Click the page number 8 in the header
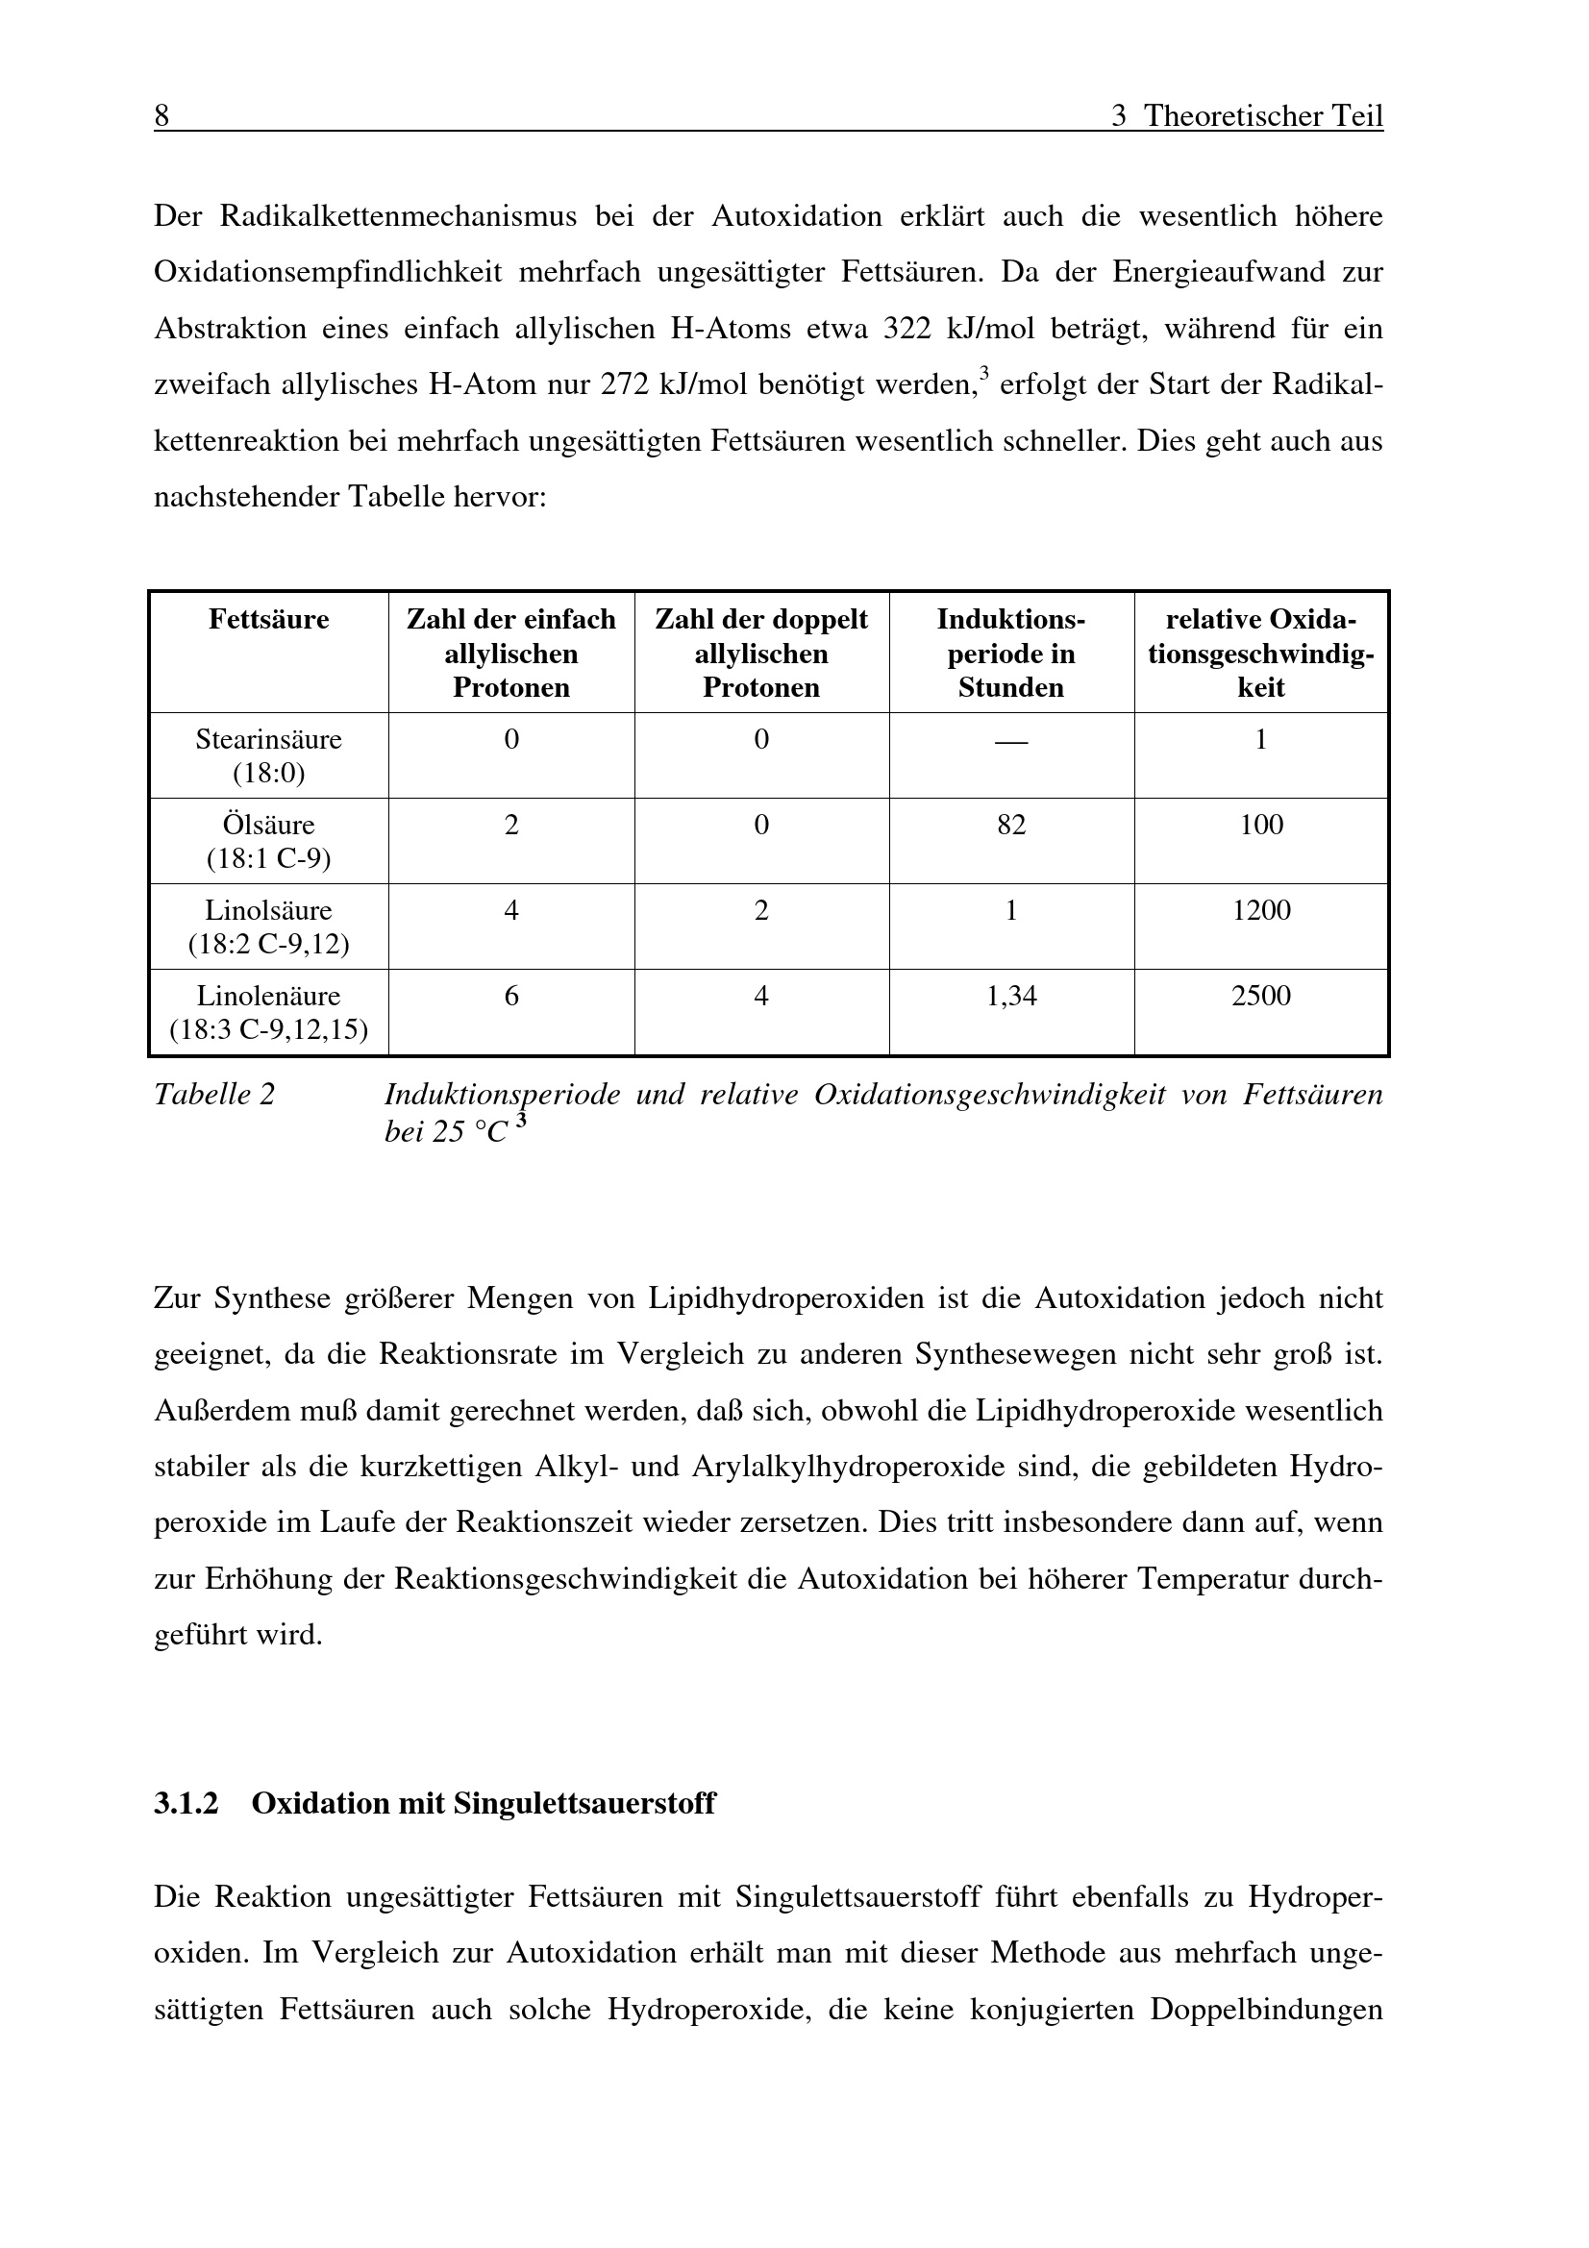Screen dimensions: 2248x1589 pyautogui.click(x=161, y=116)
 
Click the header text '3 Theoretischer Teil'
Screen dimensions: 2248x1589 pyautogui.click(x=1247, y=116)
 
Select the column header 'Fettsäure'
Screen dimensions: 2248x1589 pyautogui.click(x=268, y=620)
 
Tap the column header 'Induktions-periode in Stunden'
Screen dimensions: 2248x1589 pyautogui.click(x=1010, y=653)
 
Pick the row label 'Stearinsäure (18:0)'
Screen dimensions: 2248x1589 pyautogui.click(x=268, y=755)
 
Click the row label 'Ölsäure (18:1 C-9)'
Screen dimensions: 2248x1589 pyautogui.click(x=268, y=841)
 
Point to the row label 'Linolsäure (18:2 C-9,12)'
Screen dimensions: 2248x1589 pyautogui.click(x=268, y=927)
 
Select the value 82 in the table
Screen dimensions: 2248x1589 pyautogui.click(x=1010, y=825)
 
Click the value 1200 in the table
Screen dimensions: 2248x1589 pyautogui.click(x=1261, y=910)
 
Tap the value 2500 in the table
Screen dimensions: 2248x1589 pyautogui.click(x=1261, y=996)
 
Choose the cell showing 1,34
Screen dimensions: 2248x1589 pyautogui.click(x=1010, y=996)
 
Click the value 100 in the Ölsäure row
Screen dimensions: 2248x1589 pyautogui.click(x=1261, y=825)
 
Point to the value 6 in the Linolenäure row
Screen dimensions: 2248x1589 pyautogui.click(x=511, y=996)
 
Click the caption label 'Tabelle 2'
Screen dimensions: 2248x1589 pyautogui.click(x=214, y=1095)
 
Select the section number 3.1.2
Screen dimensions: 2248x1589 pyautogui.click(x=186, y=1802)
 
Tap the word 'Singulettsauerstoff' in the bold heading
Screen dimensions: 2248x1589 pyautogui.click(x=584, y=1802)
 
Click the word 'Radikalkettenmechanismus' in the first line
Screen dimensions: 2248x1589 pyautogui.click(x=399, y=215)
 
